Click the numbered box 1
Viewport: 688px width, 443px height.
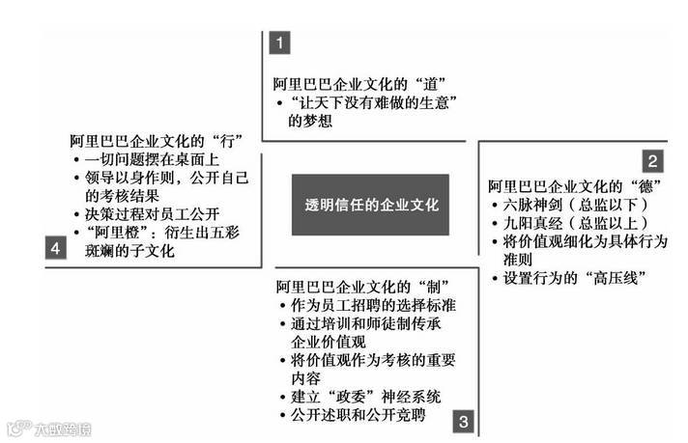[279, 43]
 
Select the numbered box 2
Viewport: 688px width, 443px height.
[654, 161]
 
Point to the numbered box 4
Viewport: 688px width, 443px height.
[55, 249]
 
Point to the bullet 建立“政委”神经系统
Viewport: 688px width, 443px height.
[366, 398]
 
